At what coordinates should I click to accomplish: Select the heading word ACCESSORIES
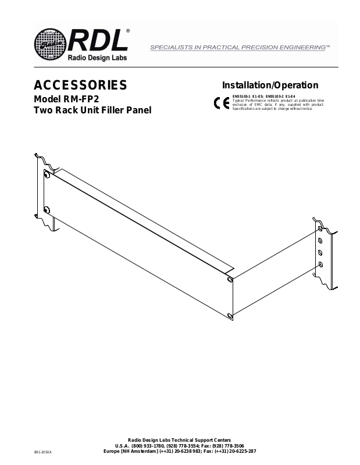[81, 85]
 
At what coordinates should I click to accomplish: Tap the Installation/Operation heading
[270, 85]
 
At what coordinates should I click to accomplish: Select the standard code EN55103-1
[242, 96]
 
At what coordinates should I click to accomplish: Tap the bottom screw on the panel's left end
[47, 209]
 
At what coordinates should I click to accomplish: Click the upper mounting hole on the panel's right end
[231, 280]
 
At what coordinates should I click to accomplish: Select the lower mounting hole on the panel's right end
[231, 316]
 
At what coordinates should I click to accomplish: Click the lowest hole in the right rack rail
[320, 264]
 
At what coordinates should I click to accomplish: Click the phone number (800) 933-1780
[148, 445]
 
